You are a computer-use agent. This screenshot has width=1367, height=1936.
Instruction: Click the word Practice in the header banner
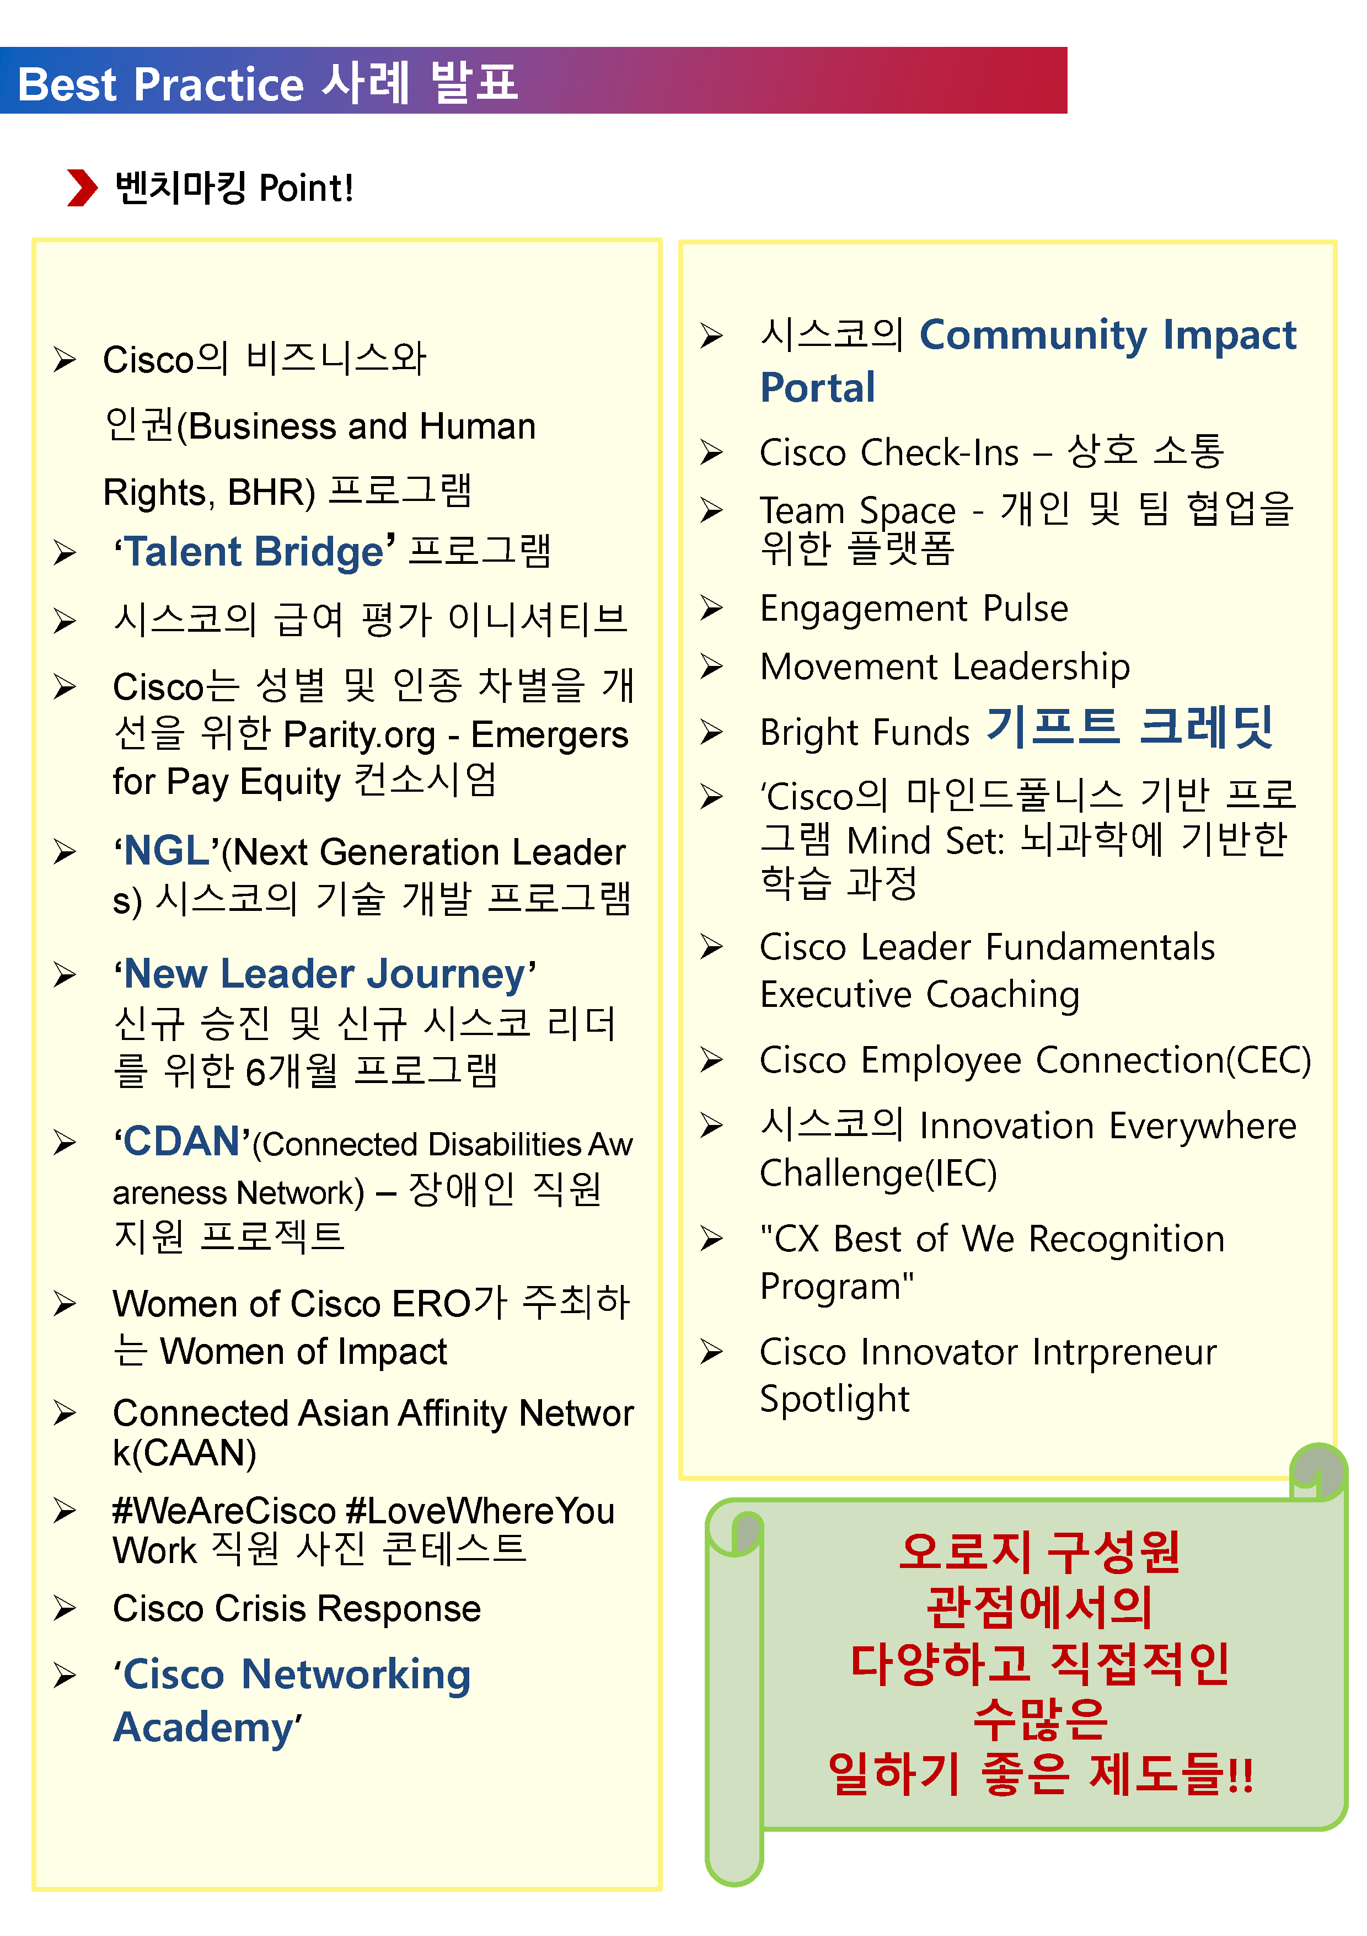click(x=218, y=85)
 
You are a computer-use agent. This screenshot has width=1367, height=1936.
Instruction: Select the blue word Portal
click(x=818, y=388)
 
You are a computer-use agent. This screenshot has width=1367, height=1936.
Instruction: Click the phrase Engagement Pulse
click(x=914, y=609)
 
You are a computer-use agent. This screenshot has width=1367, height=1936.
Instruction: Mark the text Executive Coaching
click(x=919, y=995)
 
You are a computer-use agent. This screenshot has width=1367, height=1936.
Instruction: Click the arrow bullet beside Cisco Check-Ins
click(x=712, y=453)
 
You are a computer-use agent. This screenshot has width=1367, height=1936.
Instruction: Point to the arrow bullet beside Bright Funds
click(x=712, y=732)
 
